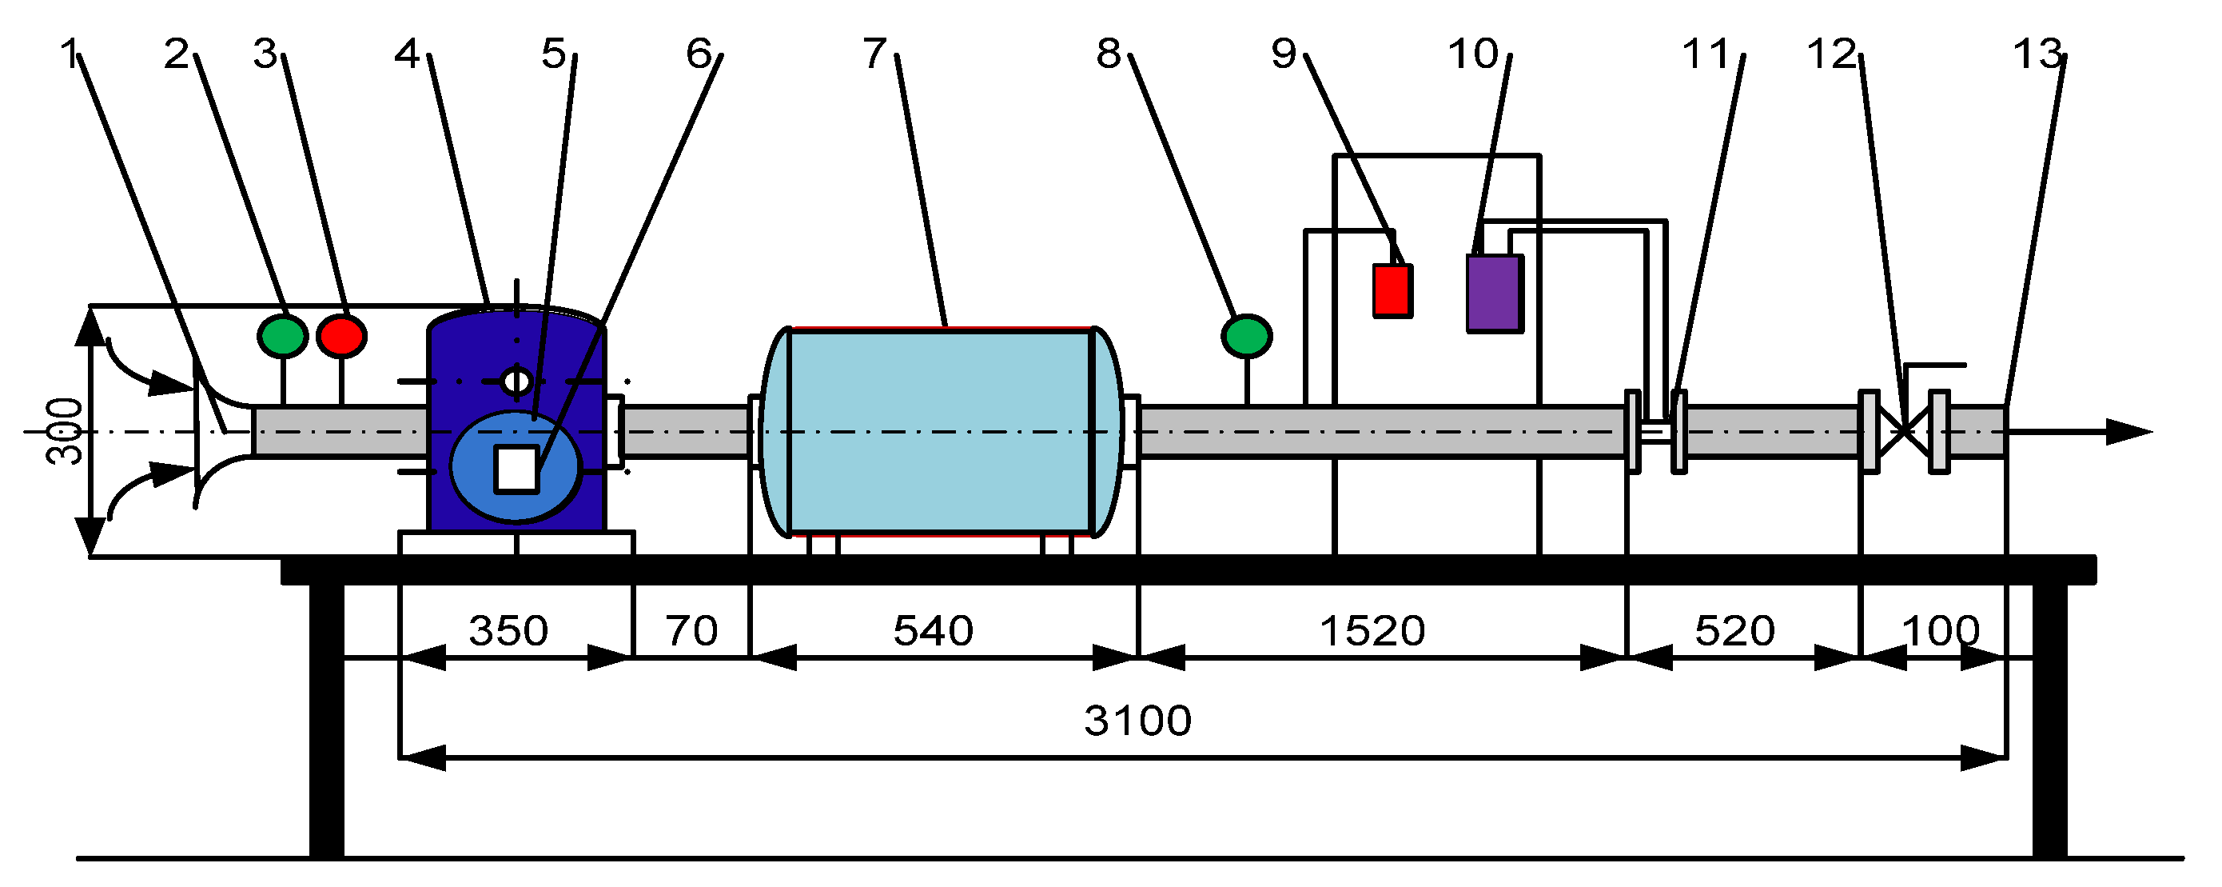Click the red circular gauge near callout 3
coord(341,336)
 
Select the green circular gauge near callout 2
coord(282,336)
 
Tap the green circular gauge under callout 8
coord(1246,336)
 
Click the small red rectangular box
coord(1392,291)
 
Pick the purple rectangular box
coord(1495,293)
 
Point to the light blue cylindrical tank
coord(941,431)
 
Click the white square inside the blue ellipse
coord(516,469)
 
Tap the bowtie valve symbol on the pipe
coord(1904,431)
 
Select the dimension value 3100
coord(1137,721)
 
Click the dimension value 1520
coord(1372,631)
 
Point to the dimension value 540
coord(934,631)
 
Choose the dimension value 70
coord(691,631)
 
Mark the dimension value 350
coord(508,631)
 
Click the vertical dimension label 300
coord(66,431)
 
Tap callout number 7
coord(874,54)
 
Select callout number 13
coord(2037,55)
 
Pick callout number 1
coord(69,54)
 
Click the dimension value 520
coord(1734,631)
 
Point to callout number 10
coord(1473,54)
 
